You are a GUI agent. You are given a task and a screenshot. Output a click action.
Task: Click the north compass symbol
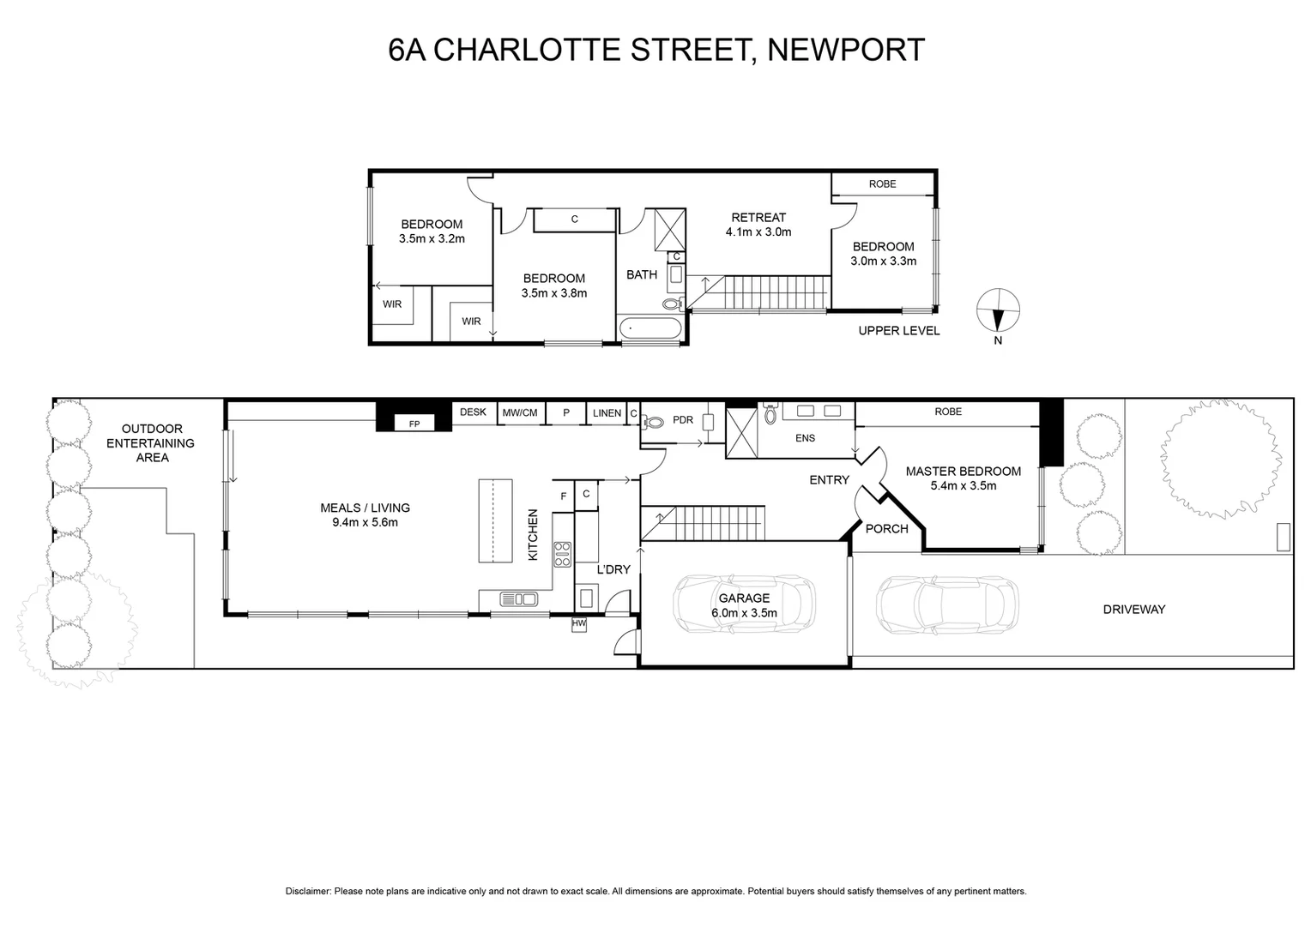point(999,310)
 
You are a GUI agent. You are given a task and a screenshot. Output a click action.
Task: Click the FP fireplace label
point(414,424)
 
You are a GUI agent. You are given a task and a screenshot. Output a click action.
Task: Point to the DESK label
point(473,412)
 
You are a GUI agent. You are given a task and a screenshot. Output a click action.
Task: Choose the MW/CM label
point(520,413)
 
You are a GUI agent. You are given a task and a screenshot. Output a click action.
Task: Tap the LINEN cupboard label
point(607,413)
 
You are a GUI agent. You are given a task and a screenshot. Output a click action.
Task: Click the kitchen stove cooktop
point(562,555)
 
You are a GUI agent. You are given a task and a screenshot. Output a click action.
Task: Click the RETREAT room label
point(758,218)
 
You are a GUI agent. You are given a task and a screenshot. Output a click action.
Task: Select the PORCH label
point(886,529)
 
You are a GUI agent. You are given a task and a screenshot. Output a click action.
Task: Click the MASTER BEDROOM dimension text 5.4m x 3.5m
point(964,485)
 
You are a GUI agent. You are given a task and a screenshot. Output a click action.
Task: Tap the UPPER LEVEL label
point(898,331)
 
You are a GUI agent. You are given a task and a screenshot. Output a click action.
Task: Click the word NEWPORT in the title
point(845,50)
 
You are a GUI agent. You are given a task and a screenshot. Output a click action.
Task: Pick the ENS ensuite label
point(805,438)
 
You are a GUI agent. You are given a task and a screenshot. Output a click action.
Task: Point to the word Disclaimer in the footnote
point(308,892)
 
